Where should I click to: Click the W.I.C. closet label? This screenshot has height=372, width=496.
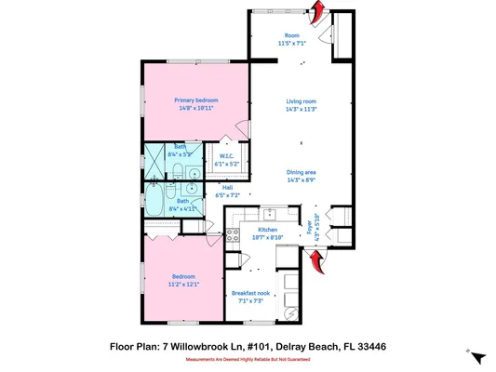point(225,158)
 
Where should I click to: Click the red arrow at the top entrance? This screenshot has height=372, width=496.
point(316,12)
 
